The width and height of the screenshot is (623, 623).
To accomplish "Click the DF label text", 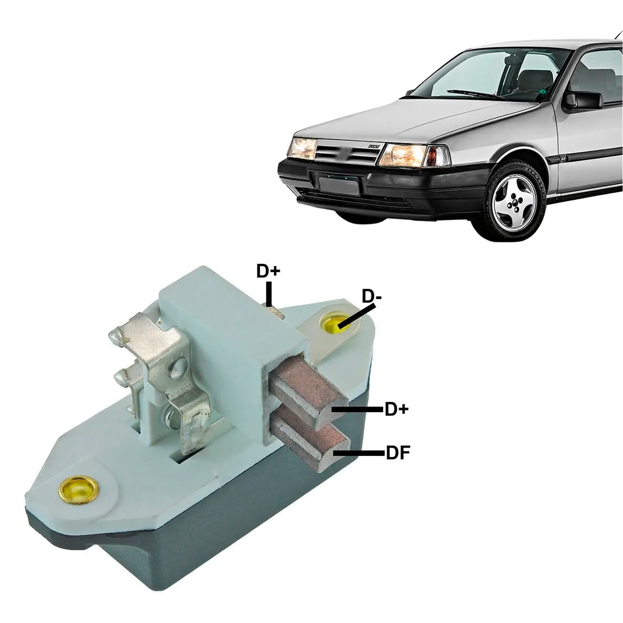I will [x=398, y=453].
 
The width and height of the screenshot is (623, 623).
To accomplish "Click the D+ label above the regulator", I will [x=268, y=271].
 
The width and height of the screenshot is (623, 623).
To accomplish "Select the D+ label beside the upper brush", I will [x=396, y=409].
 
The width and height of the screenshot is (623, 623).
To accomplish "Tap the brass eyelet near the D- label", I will [x=334, y=324].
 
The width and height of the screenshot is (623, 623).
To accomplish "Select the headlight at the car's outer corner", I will [x=303, y=148].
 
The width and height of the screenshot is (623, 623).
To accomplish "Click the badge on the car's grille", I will [x=374, y=147].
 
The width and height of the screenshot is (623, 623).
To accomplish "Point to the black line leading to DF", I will [x=359, y=453].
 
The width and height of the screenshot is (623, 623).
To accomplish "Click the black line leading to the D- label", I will [x=357, y=316].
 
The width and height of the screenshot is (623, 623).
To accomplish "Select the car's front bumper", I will [x=384, y=187].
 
